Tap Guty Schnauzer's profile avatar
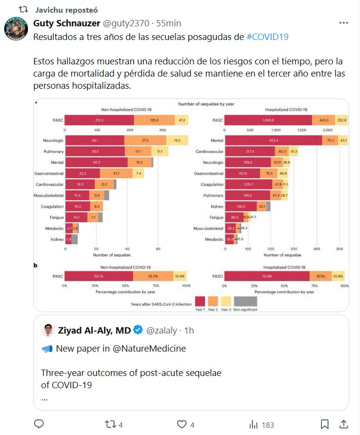click(16, 28)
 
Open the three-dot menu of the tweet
click(343, 23)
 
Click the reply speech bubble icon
click(40, 424)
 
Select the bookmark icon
click(325, 424)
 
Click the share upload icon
click(343, 424)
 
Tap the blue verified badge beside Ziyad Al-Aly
click(138, 330)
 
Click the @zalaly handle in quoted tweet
click(162, 331)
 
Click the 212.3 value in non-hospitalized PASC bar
click(100, 120)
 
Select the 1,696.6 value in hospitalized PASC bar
click(268, 120)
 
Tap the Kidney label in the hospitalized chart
click(217, 207)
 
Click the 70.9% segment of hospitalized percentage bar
click(268, 276)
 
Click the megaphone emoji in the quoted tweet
click(47, 348)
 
